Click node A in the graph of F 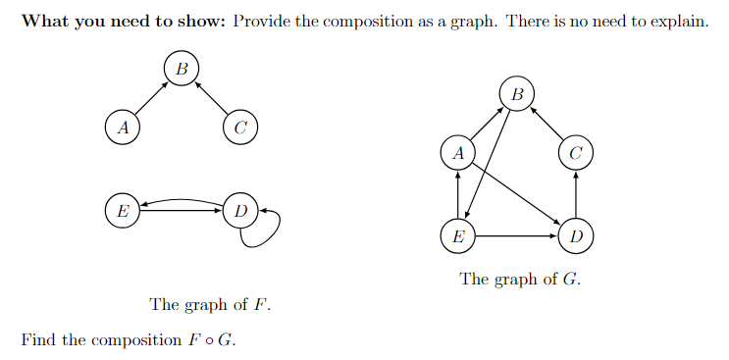[122, 127]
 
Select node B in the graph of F [181, 69]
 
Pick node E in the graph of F [122, 210]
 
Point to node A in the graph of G [457, 152]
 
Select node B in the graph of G [517, 94]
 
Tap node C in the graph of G [576, 152]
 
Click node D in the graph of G [576, 235]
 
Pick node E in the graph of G [457, 235]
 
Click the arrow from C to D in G [576, 194]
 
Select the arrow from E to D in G [516, 235]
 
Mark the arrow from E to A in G [457, 194]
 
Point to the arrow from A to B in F [151, 98]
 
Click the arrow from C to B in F [210, 98]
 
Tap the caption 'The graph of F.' [210, 304]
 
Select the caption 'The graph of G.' [520, 279]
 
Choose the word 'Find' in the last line [37, 340]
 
